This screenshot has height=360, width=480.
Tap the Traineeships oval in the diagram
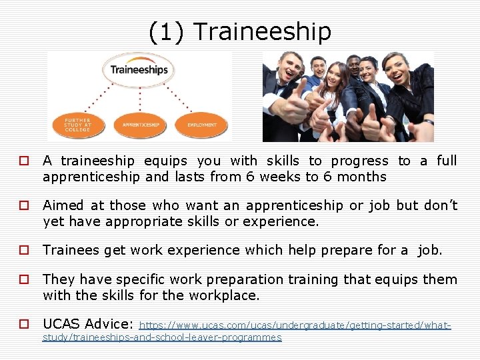click(x=139, y=70)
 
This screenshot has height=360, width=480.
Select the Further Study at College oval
click(x=77, y=125)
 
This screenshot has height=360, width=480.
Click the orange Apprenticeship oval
click(x=140, y=125)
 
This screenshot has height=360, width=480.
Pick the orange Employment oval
click(x=201, y=125)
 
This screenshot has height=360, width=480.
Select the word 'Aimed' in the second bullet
click(x=61, y=205)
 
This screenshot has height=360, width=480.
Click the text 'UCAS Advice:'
click(x=88, y=324)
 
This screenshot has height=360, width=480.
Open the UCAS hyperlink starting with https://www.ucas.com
click(x=295, y=325)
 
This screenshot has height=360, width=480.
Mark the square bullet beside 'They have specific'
click(x=23, y=280)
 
